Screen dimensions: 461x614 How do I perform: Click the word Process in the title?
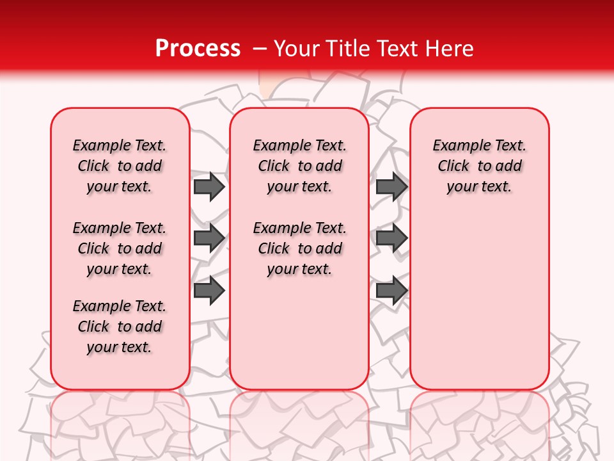pos(198,48)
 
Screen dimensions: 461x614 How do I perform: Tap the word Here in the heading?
pos(450,48)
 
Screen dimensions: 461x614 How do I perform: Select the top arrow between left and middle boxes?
pos(209,186)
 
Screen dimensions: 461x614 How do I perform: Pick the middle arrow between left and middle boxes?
pos(209,238)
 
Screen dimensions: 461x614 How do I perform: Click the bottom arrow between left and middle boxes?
pos(209,290)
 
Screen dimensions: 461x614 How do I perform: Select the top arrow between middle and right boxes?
pos(391,186)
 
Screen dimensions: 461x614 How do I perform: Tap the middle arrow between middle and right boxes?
pos(391,238)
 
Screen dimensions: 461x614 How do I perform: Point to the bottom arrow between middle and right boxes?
pos(391,290)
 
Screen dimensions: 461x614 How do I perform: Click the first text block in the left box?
pos(120,166)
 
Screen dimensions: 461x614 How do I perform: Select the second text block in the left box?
pos(120,248)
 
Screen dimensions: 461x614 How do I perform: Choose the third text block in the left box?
pos(120,327)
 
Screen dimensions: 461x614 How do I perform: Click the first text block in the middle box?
pos(299,166)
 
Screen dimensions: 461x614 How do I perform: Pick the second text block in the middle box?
pos(299,248)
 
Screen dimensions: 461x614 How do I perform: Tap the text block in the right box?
pos(480,166)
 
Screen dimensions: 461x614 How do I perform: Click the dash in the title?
pos(260,49)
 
